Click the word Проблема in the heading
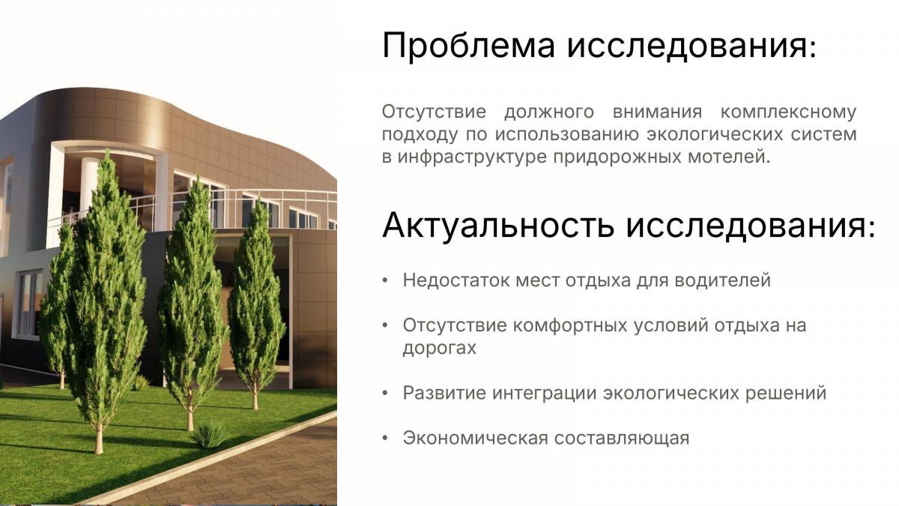[x=469, y=46]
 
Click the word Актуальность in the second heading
[x=498, y=226]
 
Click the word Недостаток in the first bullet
[x=456, y=280]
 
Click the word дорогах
[x=440, y=348]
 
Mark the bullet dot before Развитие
[x=385, y=393]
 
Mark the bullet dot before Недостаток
[x=385, y=280]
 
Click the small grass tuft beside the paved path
[x=209, y=435]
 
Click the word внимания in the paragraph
[x=658, y=112]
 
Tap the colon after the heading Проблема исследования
[x=813, y=50]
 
